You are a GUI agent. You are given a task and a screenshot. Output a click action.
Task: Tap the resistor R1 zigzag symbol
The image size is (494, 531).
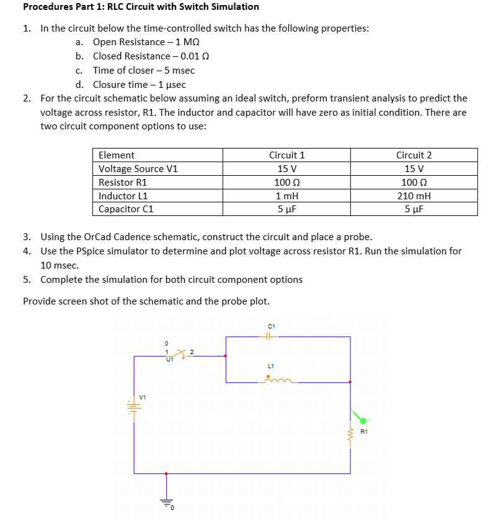[x=351, y=432]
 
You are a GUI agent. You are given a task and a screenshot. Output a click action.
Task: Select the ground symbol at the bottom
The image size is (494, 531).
[x=165, y=503]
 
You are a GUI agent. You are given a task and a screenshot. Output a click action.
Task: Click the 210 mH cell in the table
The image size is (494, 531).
[x=413, y=196]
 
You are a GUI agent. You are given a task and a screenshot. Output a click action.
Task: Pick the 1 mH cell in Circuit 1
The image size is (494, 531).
[x=286, y=196]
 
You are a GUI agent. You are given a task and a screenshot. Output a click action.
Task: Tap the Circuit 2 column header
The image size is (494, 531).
[x=413, y=155]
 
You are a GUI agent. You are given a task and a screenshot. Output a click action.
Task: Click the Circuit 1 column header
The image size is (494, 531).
[x=286, y=155]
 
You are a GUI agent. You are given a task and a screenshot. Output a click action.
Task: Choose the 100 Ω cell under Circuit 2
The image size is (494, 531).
[x=413, y=182]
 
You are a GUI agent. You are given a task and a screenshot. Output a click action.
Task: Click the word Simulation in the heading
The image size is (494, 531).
[x=229, y=7]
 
